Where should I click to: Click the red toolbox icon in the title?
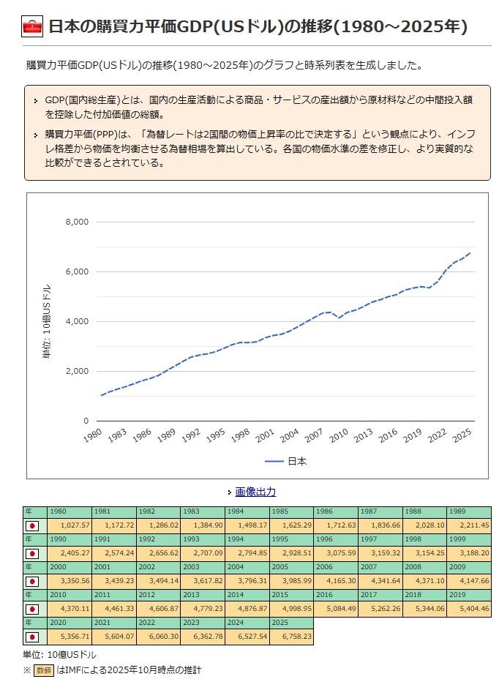pyautogui.click(x=33, y=28)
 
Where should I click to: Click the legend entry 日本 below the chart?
pyautogui.click(x=296, y=462)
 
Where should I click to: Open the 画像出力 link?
pyautogui.click(x=255, y=492)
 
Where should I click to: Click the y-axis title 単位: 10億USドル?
pyautogui.click(x=47, y=320)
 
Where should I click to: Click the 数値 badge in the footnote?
pyautogui.click(x=43, y=670)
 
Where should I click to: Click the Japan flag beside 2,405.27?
pyautogui.click(x=31, y=553)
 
